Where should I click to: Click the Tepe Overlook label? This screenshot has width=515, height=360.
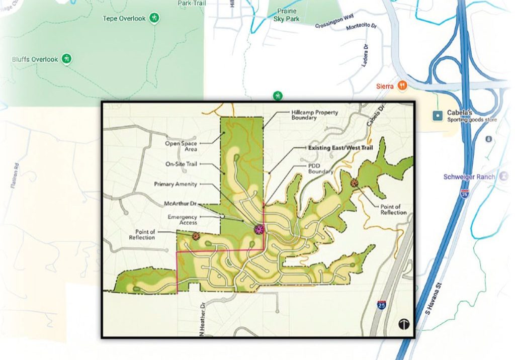pyautogui.click(x=124, y=19)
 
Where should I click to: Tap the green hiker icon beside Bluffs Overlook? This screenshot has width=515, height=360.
pyautogui.click(x=66, y=59)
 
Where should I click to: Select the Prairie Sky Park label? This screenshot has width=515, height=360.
pyautogui.click(x=286, y=15)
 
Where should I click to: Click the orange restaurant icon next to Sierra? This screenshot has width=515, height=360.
pyautogui.click(x=402, y=86)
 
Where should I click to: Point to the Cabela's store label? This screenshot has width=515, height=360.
pyautogui.click(x=458, y=113)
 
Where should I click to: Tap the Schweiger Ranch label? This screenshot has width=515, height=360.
pyautogui.click(x=469, y=176)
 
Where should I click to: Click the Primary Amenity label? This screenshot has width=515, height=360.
pyautogui.click(x=176, y=185)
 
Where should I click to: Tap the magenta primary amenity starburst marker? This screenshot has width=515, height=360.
pyautogui.click(x=260, y=229)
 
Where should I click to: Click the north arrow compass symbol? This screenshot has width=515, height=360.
pyautogui.click(x=404, y=324)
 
